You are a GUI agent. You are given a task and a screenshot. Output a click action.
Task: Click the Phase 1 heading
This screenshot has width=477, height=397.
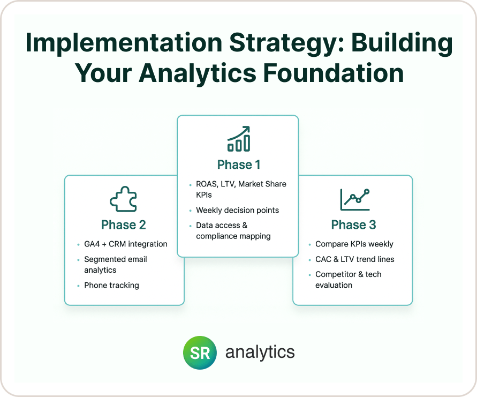point(239,164)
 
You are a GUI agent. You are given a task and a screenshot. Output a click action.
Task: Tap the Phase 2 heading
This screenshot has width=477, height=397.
point(124,224)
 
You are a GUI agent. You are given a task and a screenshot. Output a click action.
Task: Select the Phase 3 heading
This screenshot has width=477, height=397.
point(353,224)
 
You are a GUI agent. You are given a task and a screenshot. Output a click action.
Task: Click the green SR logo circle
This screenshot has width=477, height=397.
point(200,353)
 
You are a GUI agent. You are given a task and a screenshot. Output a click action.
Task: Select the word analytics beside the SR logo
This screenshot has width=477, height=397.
point(260,352)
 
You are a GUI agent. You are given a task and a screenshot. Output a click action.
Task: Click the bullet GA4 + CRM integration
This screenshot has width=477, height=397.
point(126,244)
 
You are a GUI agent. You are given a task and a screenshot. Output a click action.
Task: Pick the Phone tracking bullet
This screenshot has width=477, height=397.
point(112,285)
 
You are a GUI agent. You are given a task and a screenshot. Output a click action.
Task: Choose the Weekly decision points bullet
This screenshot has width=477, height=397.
point(237,210)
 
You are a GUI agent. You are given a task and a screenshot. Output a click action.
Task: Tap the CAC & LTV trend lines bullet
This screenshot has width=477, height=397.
point(355,259)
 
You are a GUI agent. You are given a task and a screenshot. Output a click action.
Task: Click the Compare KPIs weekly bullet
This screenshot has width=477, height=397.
point(354,244)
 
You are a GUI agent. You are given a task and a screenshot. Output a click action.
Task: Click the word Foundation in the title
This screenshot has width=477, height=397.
point(333,73)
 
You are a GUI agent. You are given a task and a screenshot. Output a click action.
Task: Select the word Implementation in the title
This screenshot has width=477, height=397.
point(124,43)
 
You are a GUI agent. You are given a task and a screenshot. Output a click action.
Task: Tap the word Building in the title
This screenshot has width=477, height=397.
point(402,43)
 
